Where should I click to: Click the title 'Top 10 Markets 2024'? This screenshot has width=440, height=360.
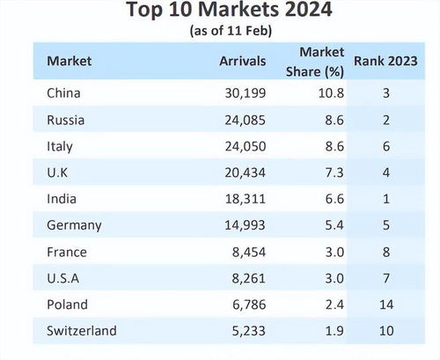(x=220, y=11)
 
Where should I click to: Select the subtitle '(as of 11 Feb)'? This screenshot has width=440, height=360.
(x=220, y=31)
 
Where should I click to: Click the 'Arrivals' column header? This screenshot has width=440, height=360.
(x=243, y=62)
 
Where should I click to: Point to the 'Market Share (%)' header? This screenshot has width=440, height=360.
(x=322, y=61)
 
